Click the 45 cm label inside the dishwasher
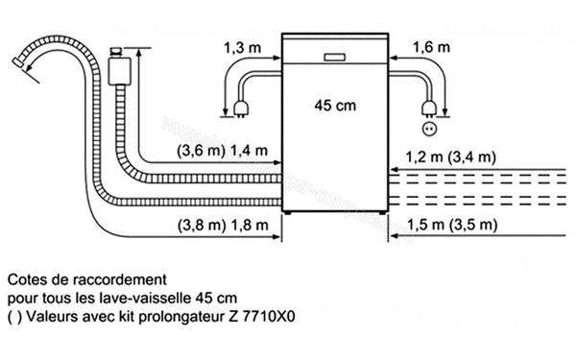[x=331, y=106]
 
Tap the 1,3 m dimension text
[x=241, y=45]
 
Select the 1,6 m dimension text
[x=430, y=45]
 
